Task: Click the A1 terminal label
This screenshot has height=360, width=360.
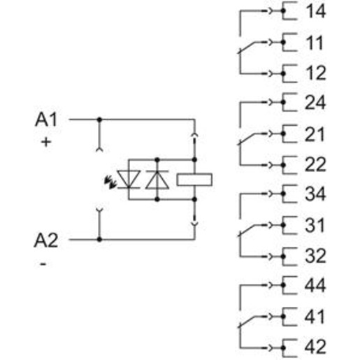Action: (46, 120)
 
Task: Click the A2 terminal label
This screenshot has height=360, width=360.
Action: (46, 240)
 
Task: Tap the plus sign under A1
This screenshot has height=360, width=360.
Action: (46, 142)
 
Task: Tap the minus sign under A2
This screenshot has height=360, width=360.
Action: (43, 264)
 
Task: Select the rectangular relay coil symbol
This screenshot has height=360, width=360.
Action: (194, 180)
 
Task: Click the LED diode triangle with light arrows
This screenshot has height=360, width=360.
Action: (129, 179)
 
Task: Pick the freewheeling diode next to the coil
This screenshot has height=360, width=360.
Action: (157, 180)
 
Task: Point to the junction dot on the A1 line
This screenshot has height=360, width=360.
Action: (99, 120)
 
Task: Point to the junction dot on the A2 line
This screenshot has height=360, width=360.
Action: (99, 239)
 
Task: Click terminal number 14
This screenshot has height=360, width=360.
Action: (315, 11)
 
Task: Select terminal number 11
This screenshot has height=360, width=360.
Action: (315, 43)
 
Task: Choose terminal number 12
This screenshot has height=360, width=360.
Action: (315, 73)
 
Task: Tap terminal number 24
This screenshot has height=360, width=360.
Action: (315, 102)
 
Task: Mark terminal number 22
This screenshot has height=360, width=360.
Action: (315, 165)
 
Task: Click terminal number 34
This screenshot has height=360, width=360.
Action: (315, 194)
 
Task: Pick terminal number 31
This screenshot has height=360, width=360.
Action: (315, 225)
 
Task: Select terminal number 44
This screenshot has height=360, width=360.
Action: (315, 285)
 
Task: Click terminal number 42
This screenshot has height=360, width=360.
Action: (315, 347)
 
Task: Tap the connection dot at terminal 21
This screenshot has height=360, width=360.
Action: (283, 134)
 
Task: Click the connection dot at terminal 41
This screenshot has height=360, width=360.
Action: (283, 317)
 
